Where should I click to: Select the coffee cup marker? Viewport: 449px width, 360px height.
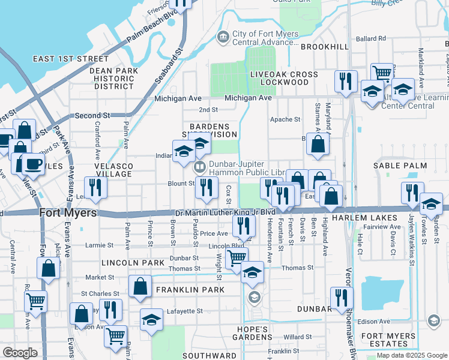[x=33, y=164]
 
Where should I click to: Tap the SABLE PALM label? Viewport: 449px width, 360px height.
[x=400, y=166]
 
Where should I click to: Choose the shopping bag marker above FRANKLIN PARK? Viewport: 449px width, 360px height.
[x=140, y=287]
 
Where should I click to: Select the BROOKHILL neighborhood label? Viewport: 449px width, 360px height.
[x=324, y=46]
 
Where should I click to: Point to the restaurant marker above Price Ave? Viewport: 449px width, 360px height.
[x=243, y=226]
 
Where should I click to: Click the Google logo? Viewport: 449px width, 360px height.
[x=20, y=353]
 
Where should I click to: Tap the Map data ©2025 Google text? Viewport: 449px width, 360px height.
[x=412, y=355]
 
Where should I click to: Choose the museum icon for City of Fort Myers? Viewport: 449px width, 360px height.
[x=223, y=37]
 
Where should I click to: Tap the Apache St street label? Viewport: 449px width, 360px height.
[x=286, y=119]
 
